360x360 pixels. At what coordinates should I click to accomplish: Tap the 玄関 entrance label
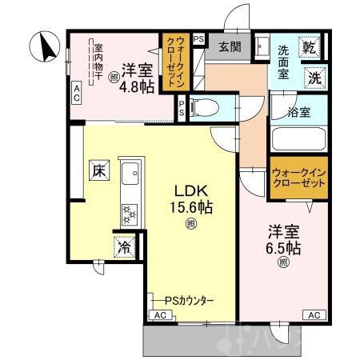click(x=230, y=46)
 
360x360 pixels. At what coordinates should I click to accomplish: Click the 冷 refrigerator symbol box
click(x=124, y=247)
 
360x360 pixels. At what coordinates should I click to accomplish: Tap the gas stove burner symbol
click(x=129, y=213)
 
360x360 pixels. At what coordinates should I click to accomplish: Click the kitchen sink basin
click(x=129, y=171)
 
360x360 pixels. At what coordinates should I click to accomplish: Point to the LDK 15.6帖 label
click(x=191, y=199)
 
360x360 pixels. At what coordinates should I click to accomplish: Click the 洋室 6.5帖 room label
click(x=283, y=242)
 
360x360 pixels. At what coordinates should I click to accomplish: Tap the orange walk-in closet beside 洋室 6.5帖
click(x=298, y=178)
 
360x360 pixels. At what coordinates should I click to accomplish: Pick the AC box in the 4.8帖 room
click(x=77, y=92)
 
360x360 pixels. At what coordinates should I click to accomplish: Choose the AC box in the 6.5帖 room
click(x=314, y=314)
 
